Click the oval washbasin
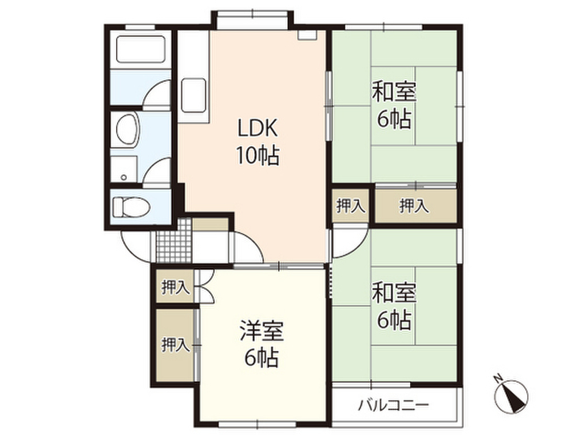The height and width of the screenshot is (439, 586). click(127, 129)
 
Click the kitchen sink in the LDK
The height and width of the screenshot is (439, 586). click(194, 95)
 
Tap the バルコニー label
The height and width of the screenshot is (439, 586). click(393, 406)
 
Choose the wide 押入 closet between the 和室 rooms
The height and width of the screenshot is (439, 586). click(414, 205)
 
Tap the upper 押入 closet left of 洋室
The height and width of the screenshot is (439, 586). click(175, 288)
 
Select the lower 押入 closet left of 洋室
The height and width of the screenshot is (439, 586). click(175, 345)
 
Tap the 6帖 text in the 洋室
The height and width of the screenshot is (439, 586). click(262, 358)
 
